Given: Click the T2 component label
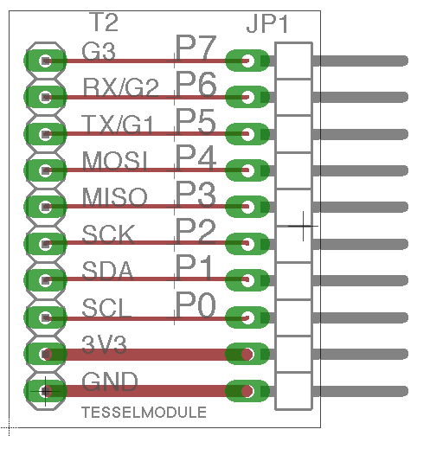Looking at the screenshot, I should (105, 22).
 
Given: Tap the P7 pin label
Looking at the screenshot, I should (196, 48).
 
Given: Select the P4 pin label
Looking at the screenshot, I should (196, 158).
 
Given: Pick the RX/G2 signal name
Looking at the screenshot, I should (121, 88).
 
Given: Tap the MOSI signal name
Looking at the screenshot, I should (115, 161).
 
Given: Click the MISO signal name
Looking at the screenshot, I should (114, 197).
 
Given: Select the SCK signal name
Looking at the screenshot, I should (107, 234).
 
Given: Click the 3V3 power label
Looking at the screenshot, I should (104, 345).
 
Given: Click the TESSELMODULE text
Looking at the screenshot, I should (144, 412).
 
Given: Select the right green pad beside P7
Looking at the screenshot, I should (247, 61).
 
